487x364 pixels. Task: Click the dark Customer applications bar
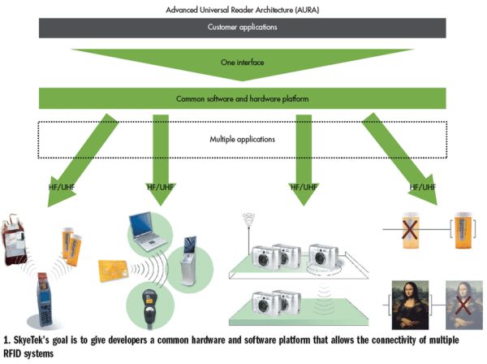click(243, 27)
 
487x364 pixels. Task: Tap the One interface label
click(243, 62)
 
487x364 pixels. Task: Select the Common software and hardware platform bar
click(243, 99)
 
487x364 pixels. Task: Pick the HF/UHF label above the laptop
click(161, 187)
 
